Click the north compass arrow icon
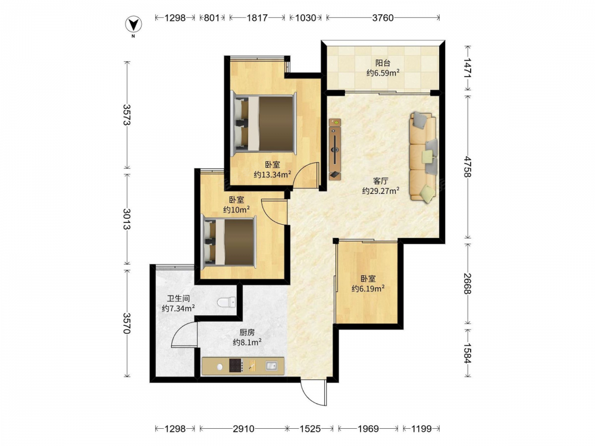point(133,25)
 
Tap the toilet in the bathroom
point(227,302)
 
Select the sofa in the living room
point(423,157)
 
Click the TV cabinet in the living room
point(334,149)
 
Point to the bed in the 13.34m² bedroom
point(264,124)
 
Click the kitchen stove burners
point(236,366)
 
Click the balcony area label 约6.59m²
point(383,73)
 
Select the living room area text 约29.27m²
point(381,190)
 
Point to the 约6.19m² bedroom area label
point(368,288)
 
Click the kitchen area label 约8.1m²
point(247,343)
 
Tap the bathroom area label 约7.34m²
point(178,308)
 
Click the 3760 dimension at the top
point(383,18)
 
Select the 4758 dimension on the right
point(467,167)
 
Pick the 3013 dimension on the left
point(127,219)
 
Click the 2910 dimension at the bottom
point(243,429)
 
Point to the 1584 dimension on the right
point(467,353)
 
